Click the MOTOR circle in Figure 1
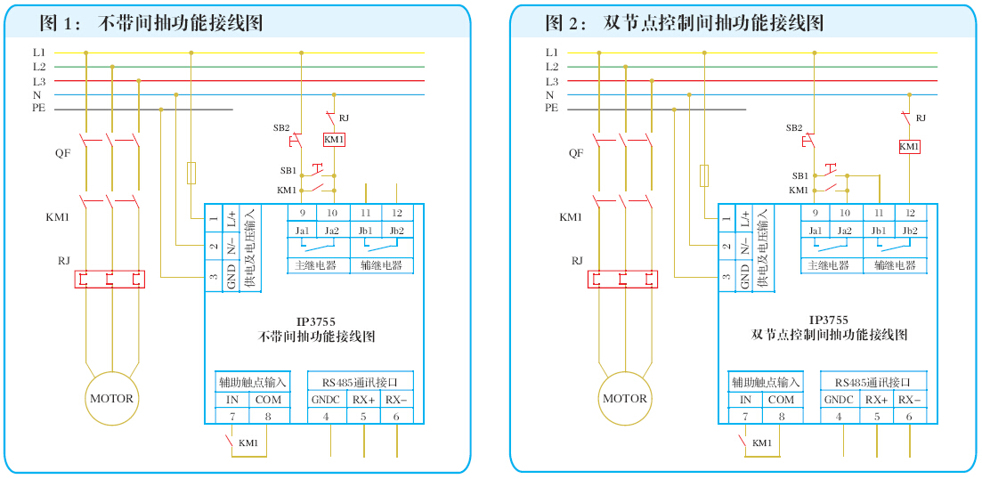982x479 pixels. [x=111, y=398]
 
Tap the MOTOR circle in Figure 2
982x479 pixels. [x=624, y=398]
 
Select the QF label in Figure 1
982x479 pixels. [x=62, y=152]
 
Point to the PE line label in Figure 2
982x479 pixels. [x=551, y=108]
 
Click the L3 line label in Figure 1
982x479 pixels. [x=39, y=81]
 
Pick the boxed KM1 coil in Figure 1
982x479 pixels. [x=333, y=140]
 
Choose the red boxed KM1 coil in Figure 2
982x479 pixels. [x=909, y=146]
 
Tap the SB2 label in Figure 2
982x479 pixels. [x=794, y=127]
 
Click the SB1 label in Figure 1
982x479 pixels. [x=288, y=170]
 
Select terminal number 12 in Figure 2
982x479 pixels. [x=910, y=213]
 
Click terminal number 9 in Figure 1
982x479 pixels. [x=302, y=213]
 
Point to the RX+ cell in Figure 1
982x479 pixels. [x=363, y=400]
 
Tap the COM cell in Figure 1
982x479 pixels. [x=268, y=400]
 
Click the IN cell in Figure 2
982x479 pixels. [x=745, y=400]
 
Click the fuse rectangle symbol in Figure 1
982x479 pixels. [x=191, y=173]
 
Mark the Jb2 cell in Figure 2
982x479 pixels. [x=910, y=231]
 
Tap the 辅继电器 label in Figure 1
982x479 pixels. [x=381, y=265]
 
